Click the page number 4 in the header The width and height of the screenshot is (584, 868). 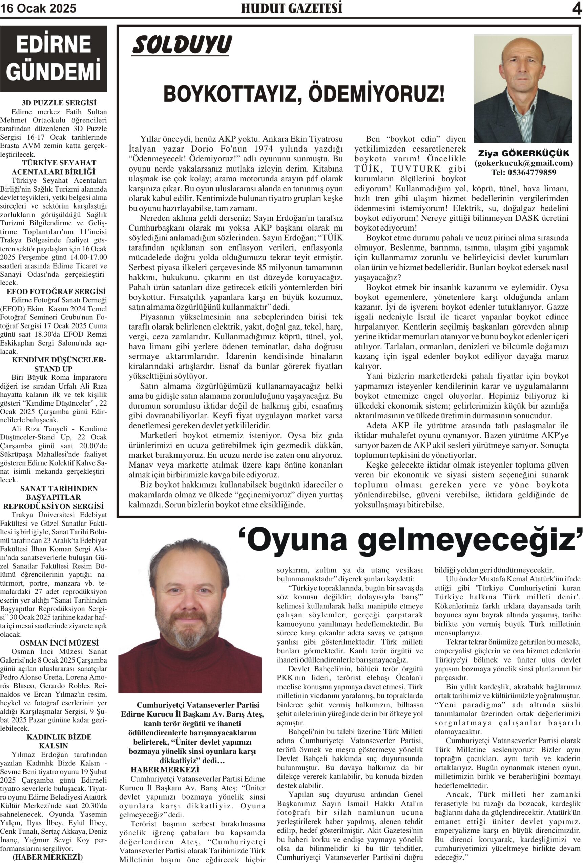577,9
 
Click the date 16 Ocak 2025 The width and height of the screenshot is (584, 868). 38,8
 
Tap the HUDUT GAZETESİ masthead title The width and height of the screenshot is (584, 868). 292,8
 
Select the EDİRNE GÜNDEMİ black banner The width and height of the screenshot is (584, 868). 53,59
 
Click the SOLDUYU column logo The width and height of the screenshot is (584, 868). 182,45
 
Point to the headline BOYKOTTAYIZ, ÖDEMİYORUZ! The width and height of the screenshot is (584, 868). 304,94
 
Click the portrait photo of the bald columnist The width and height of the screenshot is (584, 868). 523,89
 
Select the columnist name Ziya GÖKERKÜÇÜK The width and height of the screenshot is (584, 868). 523,153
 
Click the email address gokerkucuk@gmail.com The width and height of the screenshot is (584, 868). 523,163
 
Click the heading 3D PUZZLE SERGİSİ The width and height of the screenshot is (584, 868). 59,102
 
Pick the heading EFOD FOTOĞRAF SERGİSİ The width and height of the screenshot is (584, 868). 56,292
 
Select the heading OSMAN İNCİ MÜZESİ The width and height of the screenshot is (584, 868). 59,643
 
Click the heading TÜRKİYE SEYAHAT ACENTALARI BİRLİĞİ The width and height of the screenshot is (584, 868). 54,167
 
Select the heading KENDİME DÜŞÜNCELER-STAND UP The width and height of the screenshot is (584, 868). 59,364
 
